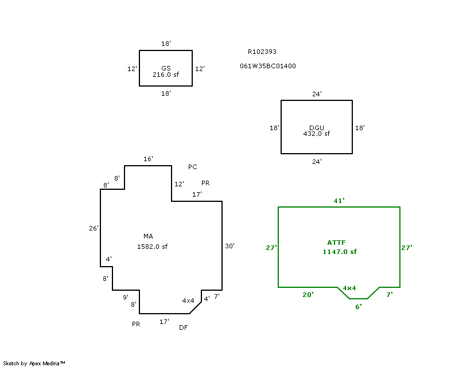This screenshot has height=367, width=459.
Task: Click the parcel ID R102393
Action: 262,52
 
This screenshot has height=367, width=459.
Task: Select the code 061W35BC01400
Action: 268,66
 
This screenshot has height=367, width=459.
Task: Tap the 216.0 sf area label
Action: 166,75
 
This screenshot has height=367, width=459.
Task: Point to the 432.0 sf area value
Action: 317,134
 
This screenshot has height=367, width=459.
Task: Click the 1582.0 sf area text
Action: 152,247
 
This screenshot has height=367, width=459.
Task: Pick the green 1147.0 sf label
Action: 340,252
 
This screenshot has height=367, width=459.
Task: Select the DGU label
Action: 317,128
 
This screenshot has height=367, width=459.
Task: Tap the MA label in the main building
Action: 148,236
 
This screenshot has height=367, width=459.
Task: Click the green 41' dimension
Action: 339,201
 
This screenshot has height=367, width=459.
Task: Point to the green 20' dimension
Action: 308,294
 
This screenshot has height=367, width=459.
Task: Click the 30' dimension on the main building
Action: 229,246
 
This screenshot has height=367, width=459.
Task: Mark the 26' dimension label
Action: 94,228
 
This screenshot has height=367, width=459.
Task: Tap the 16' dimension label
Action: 148,159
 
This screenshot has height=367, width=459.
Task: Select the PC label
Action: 192,167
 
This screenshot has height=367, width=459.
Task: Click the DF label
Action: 183,328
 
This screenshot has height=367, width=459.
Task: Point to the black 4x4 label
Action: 188,300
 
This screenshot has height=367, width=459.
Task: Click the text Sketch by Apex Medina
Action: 34,363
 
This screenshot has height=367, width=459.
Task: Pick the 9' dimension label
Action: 125,298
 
